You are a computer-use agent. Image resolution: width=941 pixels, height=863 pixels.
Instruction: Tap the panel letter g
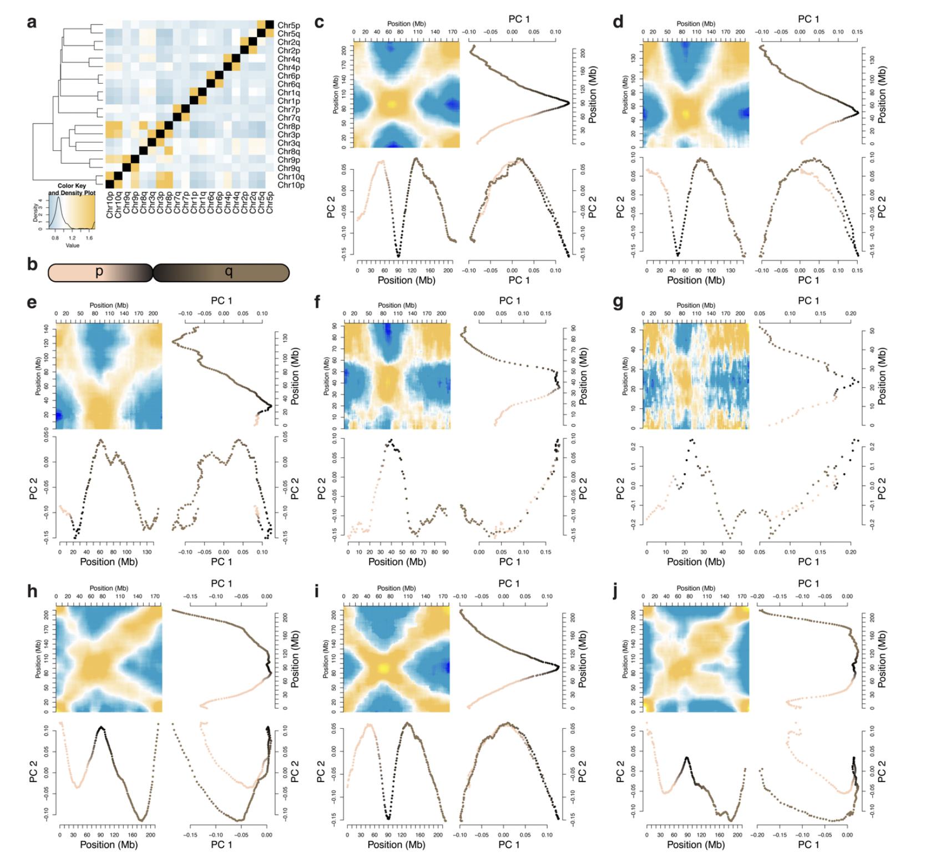[x=617, y=303]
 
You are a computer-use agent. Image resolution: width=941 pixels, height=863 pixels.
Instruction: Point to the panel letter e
[x=32, y=303]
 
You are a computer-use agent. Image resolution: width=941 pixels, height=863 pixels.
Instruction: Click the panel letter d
[x=618, y=22]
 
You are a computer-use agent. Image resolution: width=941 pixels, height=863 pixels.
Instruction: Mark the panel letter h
[x=32, y=591]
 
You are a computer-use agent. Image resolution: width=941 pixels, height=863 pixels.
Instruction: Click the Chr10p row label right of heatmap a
[x=291, y=185]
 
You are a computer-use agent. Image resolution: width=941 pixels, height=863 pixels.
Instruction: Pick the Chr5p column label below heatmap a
[x=270, y=203]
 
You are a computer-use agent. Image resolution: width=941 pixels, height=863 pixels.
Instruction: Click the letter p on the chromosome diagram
[x=99, y=271]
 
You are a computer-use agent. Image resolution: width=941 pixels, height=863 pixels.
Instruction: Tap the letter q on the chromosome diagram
[x=228, y=272]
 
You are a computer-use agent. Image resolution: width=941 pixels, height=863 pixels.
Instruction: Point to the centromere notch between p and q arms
[x=153, y=272]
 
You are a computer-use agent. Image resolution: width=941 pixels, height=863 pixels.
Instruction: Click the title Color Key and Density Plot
[x=72, y=189]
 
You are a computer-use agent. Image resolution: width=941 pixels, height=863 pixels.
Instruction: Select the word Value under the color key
[x=72, y=245]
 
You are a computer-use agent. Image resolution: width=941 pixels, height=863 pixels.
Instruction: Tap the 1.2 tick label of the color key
[x=72, y=238]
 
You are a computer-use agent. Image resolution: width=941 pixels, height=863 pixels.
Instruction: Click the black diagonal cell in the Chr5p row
[x=270, y=25]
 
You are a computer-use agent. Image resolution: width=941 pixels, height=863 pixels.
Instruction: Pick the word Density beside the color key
[x=36, y=213]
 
